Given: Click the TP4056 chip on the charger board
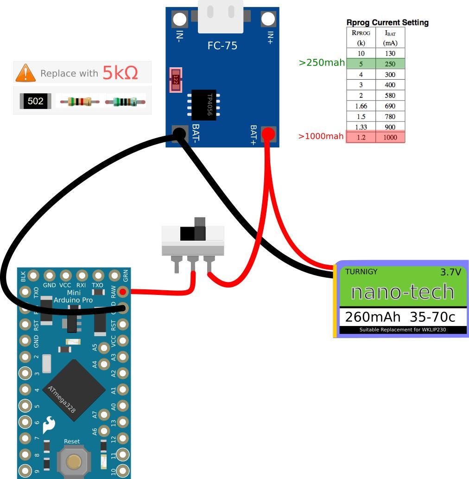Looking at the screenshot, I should click(x=204, y=105).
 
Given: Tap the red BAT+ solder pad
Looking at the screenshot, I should click(x=268, y=134).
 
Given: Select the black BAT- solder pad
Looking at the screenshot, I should click(x=179, y=134).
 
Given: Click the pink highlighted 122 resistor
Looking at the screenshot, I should click(x=176, y=80).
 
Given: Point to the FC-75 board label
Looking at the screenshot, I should click(x=222, y=46).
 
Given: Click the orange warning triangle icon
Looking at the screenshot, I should click(x=25, y=73).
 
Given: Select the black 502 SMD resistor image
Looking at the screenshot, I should click(x=35, y=101).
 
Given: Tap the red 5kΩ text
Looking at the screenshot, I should click(x=120, y=73).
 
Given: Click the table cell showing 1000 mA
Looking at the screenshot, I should click(x=390, y=137).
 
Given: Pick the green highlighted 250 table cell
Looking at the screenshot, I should click(x=390, y=64).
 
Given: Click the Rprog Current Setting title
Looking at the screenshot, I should click(x=387, y=22).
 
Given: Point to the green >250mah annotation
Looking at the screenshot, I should click(x=322, y=63).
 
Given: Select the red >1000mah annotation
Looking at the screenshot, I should click(x=321, y=136).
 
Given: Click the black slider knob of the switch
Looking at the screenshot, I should click(x=193, y=232).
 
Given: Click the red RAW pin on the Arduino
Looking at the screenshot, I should click(x=122, y=292).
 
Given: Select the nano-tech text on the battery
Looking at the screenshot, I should click(x=402, y=292).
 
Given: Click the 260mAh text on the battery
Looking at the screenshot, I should click(x=373, y=317).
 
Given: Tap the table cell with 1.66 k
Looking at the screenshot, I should click(x=361, y=106).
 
